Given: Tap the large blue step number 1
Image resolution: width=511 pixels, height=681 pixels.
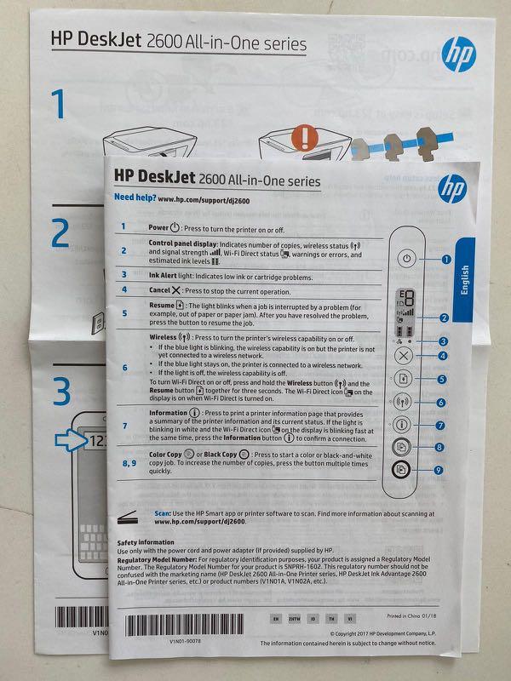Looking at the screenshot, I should pyautogui.click(x=58, y=106).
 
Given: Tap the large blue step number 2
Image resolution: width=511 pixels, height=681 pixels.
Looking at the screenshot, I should pyautogui.click(x=60, y=233).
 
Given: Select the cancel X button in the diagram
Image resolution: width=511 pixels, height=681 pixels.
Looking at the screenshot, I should pyautogui.click(x=405, y=357).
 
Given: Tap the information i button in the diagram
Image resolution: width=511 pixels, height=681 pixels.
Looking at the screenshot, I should pyautogui.click(x=405, y=423).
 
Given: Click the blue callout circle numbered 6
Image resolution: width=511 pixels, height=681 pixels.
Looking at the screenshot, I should pyautogui.click(x=441, y=402).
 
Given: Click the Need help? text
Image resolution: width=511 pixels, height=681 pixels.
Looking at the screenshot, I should pyautogui.click(x=135, y=199).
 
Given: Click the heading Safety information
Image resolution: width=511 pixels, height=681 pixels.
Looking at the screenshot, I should pyautogui.click(x=151, y=542).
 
